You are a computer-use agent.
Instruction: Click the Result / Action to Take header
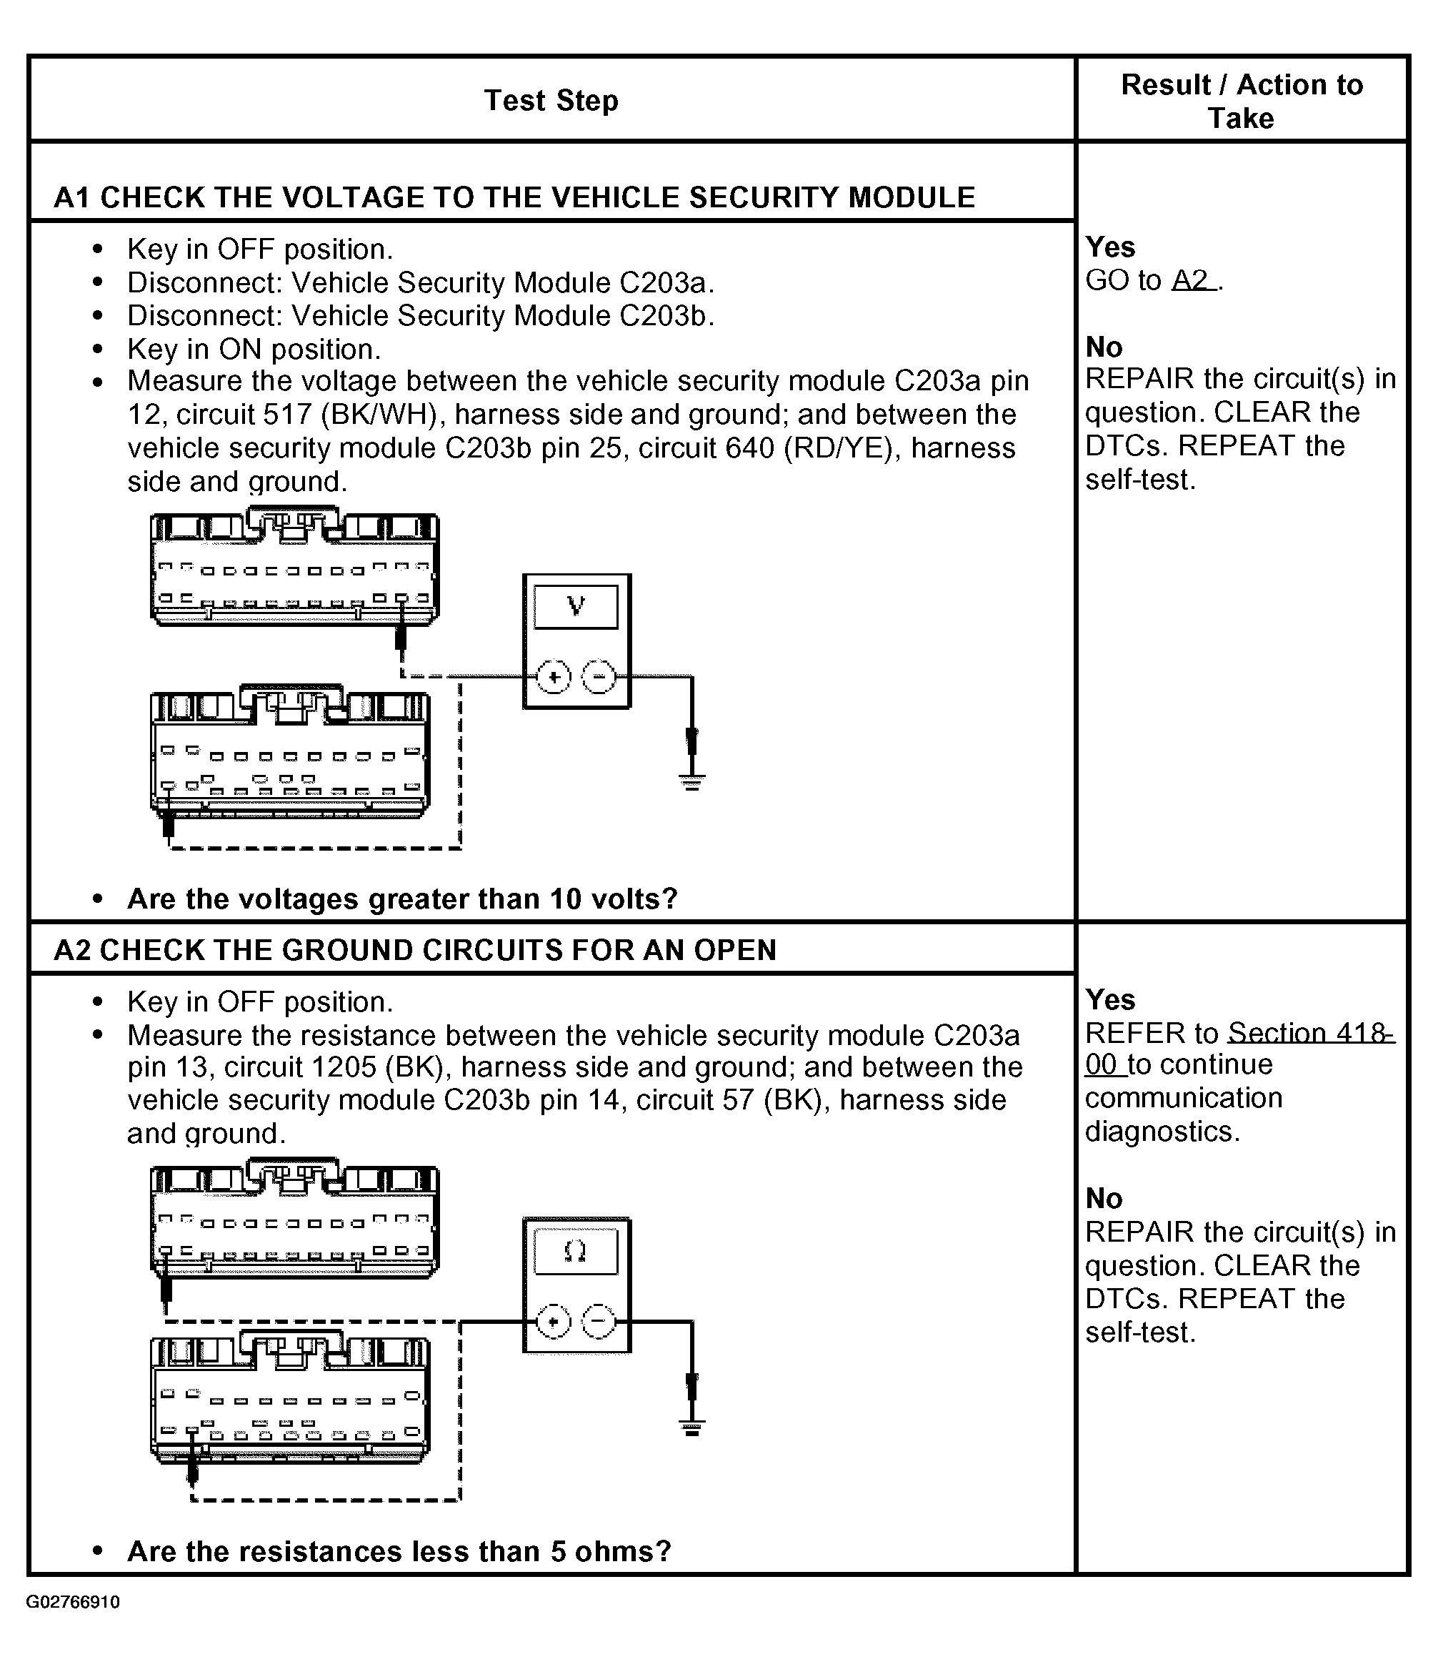1241,102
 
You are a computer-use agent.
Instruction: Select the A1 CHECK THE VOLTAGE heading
514,197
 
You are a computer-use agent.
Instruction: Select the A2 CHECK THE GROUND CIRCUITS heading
415,950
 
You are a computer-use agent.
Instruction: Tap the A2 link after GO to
1192,280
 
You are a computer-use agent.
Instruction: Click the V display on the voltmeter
576,606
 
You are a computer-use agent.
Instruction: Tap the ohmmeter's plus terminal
553,1322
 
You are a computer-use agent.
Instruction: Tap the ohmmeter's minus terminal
599,1322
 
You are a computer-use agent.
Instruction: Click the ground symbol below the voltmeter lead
691,781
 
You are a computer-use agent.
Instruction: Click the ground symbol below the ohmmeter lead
691,1428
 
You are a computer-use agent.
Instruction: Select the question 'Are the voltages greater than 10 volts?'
402,899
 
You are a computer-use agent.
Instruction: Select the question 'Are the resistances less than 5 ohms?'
399,1550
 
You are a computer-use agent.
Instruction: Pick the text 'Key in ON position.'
254,350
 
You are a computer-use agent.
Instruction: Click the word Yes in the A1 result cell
1110,247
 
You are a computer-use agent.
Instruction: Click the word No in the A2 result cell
1104,1199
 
